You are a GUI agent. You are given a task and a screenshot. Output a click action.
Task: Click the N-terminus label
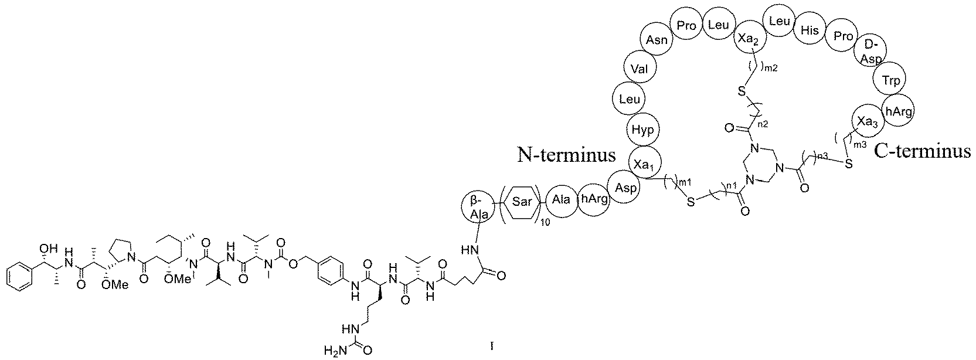click(x=566, y=155)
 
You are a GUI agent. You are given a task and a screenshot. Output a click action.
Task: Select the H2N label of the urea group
click(x=333, y=351)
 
